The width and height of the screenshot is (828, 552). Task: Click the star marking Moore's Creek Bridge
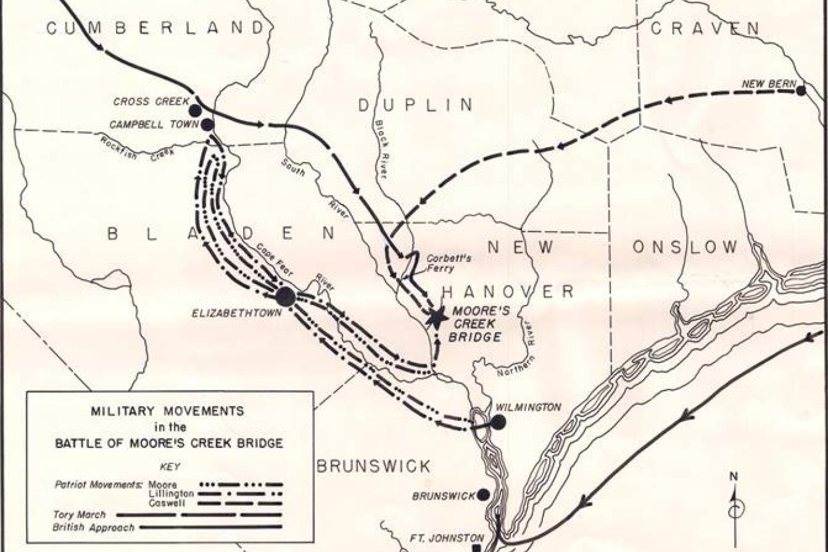coord(437,318)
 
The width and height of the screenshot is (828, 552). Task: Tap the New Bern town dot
coord(801,90)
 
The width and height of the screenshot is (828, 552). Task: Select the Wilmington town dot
coord(499,421)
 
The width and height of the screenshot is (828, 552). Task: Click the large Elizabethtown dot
coord(285,297)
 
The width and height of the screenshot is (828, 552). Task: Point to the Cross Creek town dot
coord(195,111)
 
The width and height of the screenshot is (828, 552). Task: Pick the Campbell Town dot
coord(208,124)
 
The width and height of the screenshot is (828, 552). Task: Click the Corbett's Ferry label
coord(450,263)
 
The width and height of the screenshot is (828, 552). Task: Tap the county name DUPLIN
coord(416,105)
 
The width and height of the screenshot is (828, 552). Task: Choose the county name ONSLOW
coord(685,247)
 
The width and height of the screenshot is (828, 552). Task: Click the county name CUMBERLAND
coord(155,28)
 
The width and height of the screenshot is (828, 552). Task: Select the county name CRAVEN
coord(705,28)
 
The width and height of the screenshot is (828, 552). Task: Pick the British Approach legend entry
coord(95,527)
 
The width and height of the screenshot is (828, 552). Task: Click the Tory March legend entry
coord(79,515)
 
